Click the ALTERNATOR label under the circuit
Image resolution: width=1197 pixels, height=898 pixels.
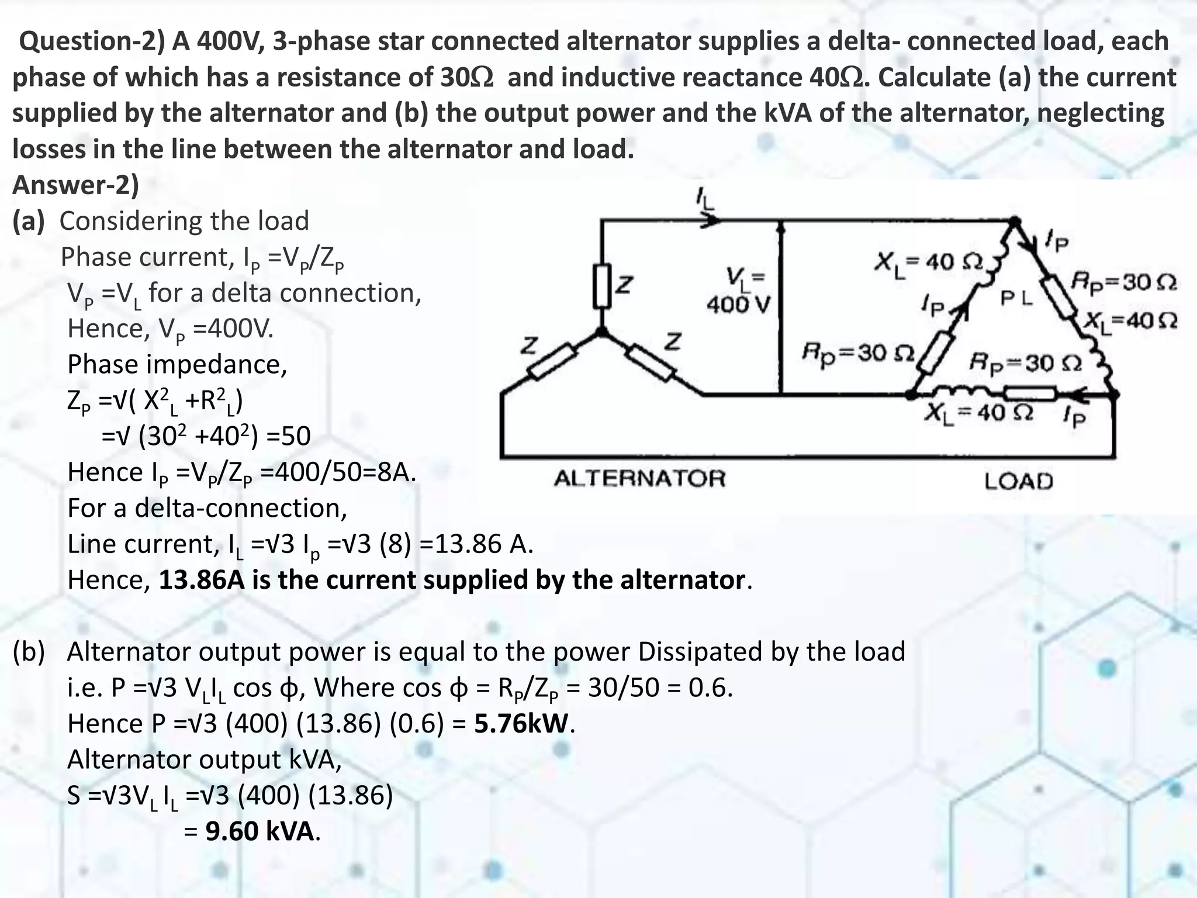(x=639, y=479)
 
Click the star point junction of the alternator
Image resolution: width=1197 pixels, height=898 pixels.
(x=601, y=332)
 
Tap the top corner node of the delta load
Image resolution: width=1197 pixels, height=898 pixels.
(x=1015, y=222)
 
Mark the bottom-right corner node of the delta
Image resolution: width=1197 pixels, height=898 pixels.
(x=1114, y=395)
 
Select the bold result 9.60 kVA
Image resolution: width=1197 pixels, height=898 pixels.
(x=260, y=831)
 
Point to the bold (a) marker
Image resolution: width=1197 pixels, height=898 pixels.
(x=29, y=221)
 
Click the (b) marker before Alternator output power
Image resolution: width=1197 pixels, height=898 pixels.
(x=29, y=652)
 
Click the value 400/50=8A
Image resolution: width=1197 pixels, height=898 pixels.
(x=337, y=472)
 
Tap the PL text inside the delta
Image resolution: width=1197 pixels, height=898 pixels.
(x=1017, y=299)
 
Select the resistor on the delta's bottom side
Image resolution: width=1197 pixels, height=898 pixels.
(x=1030, y=393)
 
